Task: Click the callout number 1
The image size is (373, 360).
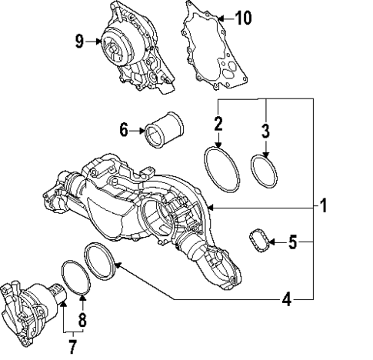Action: pos(324,206)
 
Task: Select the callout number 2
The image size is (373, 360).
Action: pos(218,122)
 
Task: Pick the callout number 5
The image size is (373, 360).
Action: pos(292,243)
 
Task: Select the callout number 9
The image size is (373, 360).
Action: pos(80,42)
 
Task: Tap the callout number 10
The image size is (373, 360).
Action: pos(242,17)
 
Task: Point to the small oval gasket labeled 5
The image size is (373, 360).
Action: pos(259,242)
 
